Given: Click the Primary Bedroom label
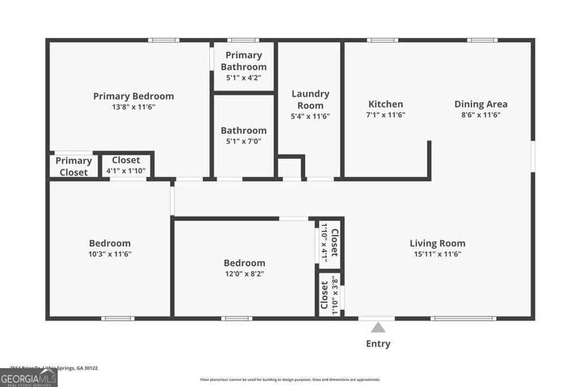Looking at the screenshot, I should (133, 96).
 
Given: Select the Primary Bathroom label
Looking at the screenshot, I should (244, 61).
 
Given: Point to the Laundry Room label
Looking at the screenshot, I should (310, 99).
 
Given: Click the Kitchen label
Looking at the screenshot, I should (386, 104).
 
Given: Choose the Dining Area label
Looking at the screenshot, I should (481, 104).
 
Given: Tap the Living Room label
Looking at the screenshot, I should (437, 243).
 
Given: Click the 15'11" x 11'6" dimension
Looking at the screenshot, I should (437, 254).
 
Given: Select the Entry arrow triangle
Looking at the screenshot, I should (378, 327).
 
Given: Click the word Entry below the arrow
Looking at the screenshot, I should (378, 343).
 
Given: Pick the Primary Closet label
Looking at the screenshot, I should (74, 167).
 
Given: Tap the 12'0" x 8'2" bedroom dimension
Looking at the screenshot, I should (244, 274).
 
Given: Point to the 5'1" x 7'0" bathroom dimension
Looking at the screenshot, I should (244, 141).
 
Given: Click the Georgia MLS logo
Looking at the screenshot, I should (28, 377).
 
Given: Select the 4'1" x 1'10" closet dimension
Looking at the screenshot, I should (126, 171).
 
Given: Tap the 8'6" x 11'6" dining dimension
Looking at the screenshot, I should (481, 114).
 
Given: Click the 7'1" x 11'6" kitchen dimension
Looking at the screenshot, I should (386, 114).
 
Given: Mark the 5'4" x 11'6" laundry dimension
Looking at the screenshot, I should (310, 116).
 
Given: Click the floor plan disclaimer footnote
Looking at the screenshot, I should (289, 380).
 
